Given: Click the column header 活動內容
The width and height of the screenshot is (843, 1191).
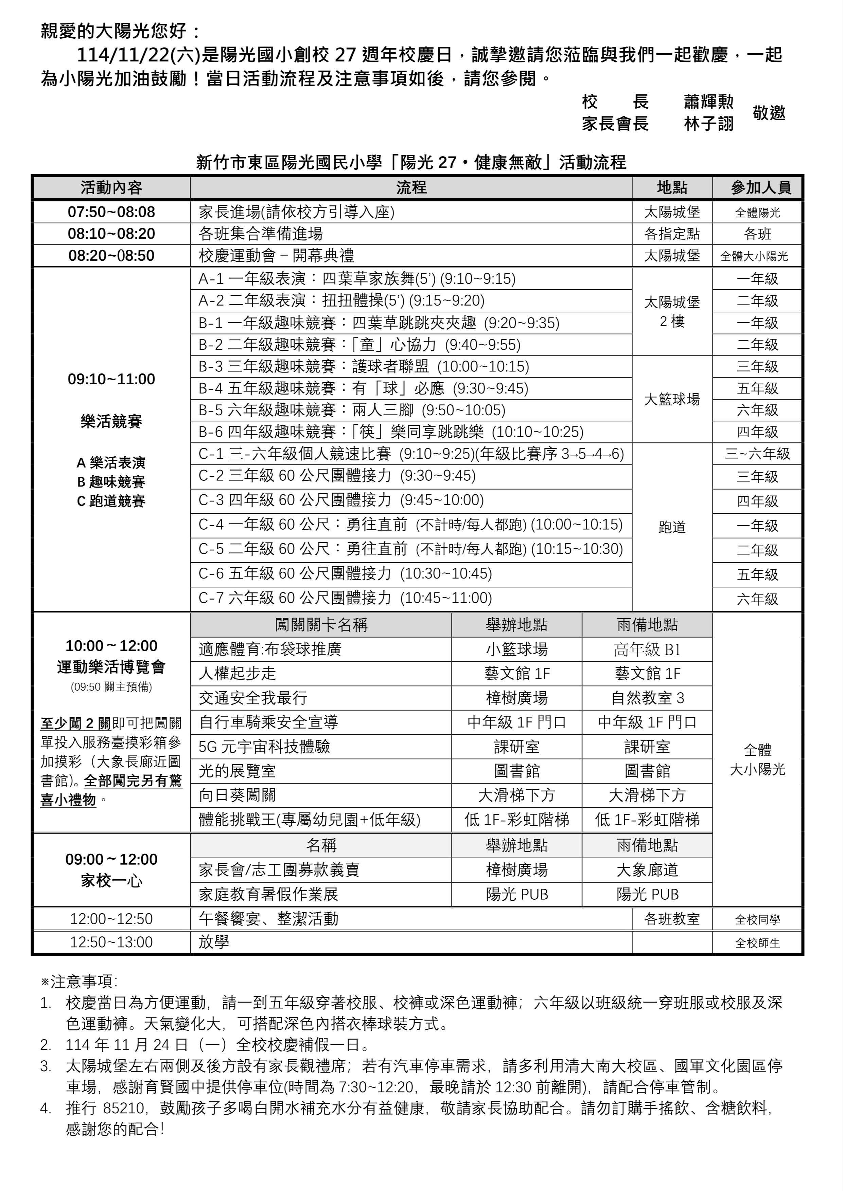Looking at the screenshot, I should (111, 188).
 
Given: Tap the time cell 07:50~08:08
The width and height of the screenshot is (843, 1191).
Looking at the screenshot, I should (111, 212).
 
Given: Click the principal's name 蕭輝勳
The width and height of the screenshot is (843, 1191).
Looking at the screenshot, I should (708, 102).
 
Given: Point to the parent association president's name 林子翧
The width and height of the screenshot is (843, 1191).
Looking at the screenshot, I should (708, 124).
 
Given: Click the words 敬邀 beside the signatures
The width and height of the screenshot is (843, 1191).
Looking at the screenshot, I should (769, 113).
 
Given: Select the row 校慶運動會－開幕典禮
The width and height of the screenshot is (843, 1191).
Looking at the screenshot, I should (276, 256).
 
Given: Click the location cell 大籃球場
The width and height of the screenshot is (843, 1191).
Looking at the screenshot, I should (672, 399).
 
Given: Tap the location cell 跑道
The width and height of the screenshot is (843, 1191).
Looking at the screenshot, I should (672, 527).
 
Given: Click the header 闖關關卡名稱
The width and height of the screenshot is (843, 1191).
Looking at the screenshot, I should (321, 625).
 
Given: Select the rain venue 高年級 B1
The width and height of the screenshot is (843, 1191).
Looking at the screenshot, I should (647, 649).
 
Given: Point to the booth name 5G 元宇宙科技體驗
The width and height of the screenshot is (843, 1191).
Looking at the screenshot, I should (264, 747).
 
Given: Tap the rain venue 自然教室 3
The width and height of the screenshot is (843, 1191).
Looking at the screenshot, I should (647, 698).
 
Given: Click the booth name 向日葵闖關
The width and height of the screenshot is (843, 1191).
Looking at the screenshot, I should (237, 795).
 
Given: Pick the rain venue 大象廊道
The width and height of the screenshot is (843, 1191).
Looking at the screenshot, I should (647, 870).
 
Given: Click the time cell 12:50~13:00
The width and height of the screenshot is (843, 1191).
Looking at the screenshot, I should (111, 942).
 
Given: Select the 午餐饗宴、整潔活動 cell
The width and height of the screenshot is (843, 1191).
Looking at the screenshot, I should (268, 919).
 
